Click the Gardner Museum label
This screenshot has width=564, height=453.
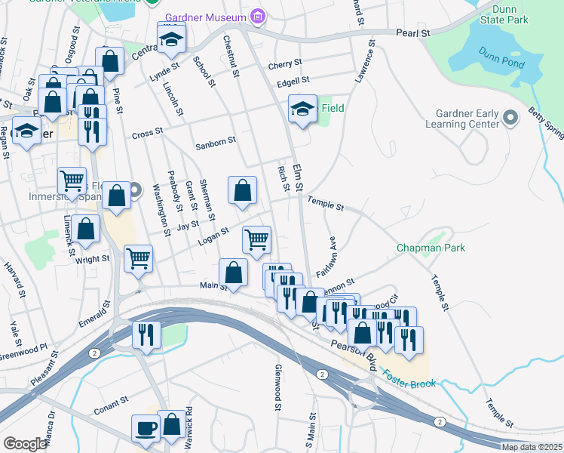(x=205, y=17)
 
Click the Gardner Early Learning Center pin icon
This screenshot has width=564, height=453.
(x=510, y=118)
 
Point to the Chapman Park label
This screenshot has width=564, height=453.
(x=431, y=248)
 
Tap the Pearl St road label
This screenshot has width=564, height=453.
(x=413, y=34)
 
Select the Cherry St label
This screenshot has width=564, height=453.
(x=284, y=63)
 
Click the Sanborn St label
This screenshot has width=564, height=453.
(x=216, y=140)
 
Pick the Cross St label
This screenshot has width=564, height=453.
(x=147, y=134)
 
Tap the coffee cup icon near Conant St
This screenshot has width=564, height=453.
(x=146, y=429)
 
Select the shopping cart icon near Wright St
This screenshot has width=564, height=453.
(x=139, y=259)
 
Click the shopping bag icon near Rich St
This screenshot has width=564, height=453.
(x=243, y=192)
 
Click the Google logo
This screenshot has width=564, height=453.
(x=25, y=444)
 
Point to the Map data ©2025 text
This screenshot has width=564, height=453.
(x=531, y=447)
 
